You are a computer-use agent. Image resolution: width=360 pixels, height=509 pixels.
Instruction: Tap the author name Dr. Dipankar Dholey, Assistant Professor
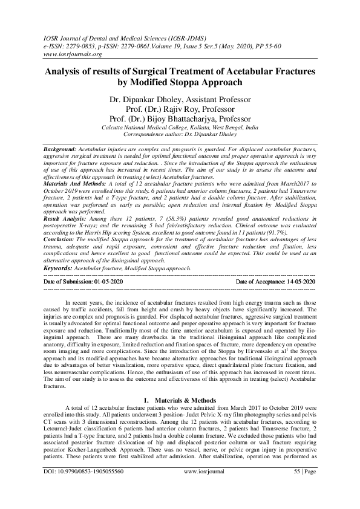point(180,97)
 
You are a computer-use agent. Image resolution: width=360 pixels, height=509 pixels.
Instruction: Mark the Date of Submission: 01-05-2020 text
point(83,282)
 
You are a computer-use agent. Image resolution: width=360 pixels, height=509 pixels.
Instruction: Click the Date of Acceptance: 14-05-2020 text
point(275,282)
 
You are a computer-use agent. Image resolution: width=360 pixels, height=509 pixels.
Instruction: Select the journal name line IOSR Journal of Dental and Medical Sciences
point(122,37)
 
